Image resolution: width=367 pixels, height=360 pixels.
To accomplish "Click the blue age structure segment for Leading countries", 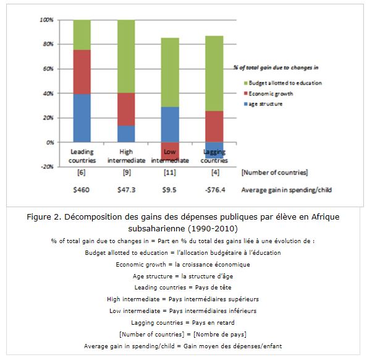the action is [x=82, y=118].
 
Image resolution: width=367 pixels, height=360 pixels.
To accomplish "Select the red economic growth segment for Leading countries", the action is [x=82, y=72].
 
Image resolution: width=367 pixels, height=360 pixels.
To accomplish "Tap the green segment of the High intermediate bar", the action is [x=126, y=56].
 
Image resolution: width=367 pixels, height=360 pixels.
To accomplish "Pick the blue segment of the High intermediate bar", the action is [x=126, y=134].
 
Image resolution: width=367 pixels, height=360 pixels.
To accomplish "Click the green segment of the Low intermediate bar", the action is [x=170, y=72].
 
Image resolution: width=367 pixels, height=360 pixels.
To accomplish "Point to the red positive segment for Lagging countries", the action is [x=214, y=127].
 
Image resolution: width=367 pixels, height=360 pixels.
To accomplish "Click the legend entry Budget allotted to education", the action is [x=283, y=83].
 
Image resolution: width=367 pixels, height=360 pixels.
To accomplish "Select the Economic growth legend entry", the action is [x=268, y=94].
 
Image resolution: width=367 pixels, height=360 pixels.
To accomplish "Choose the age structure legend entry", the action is [x=263, y=104].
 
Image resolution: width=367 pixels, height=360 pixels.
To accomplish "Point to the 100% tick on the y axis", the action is [x=46, y=20].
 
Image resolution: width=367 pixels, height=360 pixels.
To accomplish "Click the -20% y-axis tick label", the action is [x=48, y=166].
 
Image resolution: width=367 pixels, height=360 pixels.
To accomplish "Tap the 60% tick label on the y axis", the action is [x=48, y=69].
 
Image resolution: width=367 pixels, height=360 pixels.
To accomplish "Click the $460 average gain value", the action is [x=81, y=190].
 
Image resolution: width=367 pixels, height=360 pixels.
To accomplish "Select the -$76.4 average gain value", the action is [x=215, y=190].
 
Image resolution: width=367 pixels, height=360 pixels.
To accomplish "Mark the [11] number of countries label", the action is [x=170, y=173].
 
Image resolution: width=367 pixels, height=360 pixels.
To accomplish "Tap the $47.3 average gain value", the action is [x=127, y=190].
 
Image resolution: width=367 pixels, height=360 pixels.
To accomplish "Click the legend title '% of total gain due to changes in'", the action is [x=276, y=68].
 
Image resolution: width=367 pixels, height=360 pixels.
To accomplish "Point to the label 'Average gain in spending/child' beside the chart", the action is [x=287, y=190].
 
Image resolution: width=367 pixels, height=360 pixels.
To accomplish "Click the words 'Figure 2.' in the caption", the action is [x=44, y=216].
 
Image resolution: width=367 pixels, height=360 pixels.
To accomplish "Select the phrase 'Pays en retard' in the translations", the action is [x=213, y=323].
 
